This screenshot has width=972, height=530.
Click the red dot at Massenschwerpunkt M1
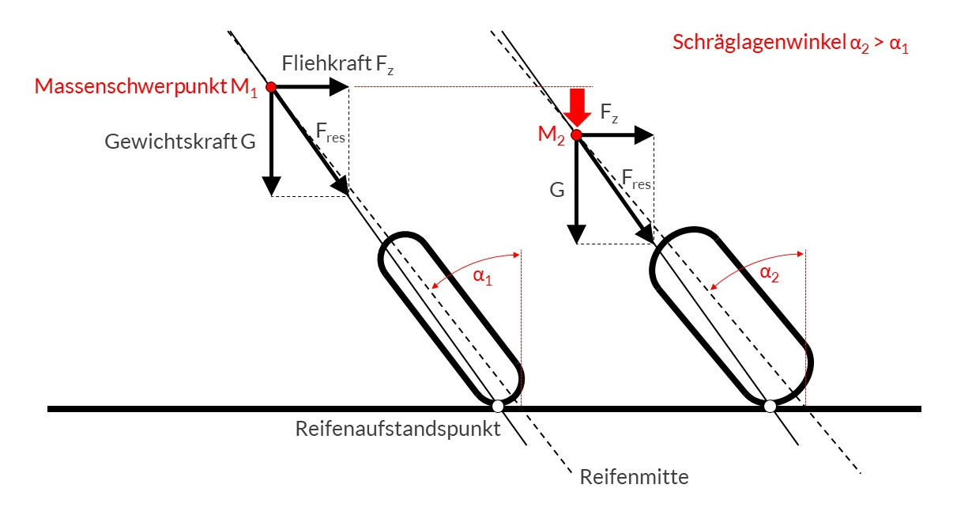pos(271,86)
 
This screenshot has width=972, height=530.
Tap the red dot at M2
pos(577,135)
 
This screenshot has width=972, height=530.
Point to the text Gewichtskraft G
pos(180,142)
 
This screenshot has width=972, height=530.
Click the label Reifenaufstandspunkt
pos(398,430)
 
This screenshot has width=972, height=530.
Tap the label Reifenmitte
pos(635,477)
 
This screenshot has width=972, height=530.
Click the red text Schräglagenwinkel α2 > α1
pos(790,44)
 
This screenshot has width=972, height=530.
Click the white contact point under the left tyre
pos(498,407)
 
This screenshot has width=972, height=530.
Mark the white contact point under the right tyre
pos(770,407)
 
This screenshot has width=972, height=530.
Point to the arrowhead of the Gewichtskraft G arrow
pos(271,187)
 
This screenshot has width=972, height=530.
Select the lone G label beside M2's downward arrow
pos(557,191)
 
